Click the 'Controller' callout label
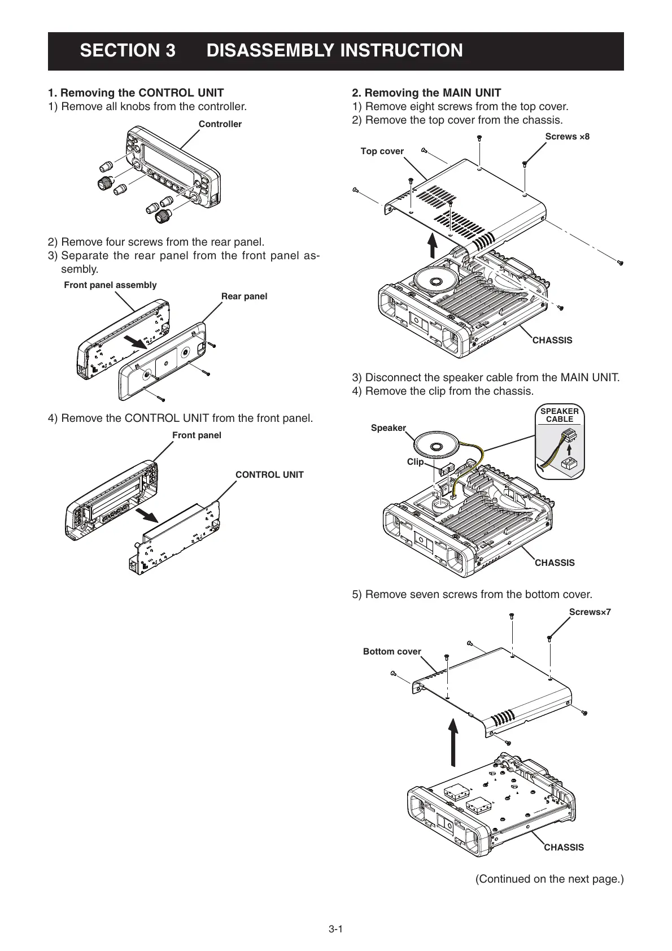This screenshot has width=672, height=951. pos(220,124)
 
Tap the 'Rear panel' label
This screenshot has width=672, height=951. pos(244,296)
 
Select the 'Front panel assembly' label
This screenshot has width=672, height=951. pos(110,285)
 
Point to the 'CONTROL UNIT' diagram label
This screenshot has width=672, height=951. pos(269,475)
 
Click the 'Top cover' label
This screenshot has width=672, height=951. pos(382,151)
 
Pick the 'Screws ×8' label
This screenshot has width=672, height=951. pos(567,137)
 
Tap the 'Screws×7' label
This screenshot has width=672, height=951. pos(590,612)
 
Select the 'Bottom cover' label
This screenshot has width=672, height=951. pos(392,652)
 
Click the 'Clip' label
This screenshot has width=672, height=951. pos(415,462)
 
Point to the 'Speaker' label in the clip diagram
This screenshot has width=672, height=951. pos(388,428)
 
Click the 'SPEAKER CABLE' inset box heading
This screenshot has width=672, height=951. pos(559,415)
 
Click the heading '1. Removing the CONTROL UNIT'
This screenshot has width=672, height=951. pos(136,93)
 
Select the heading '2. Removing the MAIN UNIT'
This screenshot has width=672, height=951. pos(426,93)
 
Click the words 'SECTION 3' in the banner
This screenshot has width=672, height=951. pos(128,51)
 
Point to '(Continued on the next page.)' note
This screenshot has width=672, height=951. pos(549,879)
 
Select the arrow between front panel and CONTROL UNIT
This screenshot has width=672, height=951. pos(149,514)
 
